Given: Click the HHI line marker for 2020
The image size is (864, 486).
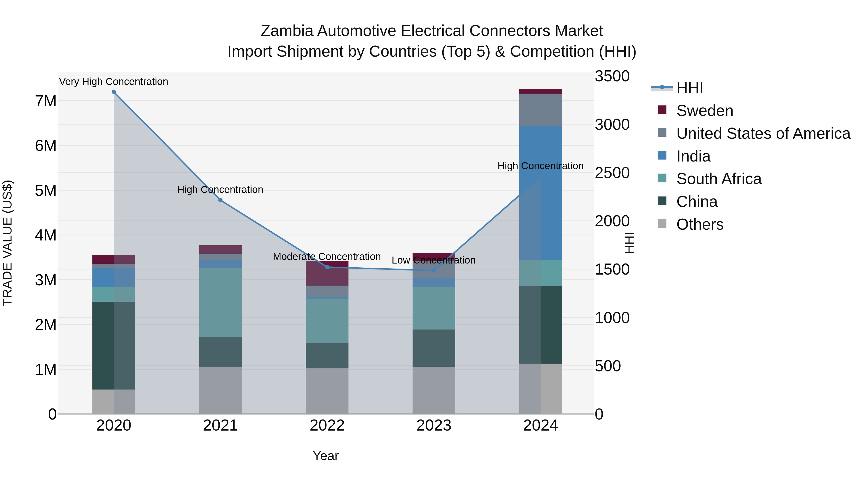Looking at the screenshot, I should [x=114, y=92].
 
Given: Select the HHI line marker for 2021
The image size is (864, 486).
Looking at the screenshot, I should [x=220, y=200].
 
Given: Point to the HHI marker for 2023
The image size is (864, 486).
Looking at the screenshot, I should [x=434, y=270].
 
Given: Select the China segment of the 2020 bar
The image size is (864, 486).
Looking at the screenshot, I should [x=114, y=345].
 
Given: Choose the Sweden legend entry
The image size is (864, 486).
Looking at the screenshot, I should [x=705, y=111].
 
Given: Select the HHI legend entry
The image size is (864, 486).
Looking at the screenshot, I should [x=689, y=88].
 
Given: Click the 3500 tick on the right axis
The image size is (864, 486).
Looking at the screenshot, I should [x=612, y=76].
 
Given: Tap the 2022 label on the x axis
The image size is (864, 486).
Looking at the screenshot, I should [x=327, y=426].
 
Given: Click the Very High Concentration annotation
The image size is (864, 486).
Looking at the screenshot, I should [x=114, y=82].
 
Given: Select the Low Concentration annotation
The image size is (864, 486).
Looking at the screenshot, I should [x=433, y=260].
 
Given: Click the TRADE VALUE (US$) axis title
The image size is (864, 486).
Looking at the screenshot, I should [x=8, y=243].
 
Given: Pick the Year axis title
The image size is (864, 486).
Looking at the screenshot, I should [x=325, y=456].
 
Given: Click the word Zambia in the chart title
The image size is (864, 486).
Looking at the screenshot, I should [x=288, y=31].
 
